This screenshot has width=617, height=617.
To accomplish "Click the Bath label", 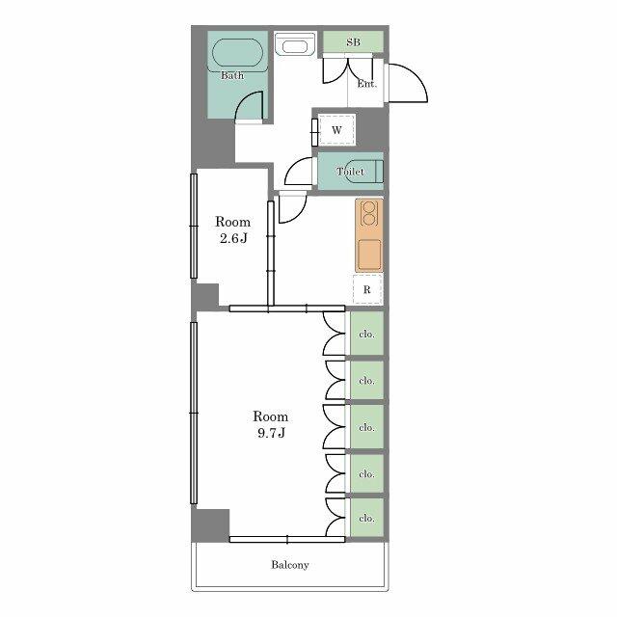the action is [x=232, y=75].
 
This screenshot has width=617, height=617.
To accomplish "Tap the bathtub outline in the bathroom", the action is [x=237, y=40].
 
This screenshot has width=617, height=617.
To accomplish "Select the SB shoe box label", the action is [x=353, y=41].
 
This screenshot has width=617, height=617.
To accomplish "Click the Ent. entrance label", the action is [x=366, y=84].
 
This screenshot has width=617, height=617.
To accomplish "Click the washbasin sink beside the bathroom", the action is [x=295, y=45].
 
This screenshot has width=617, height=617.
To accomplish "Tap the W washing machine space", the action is [x=336, y=130].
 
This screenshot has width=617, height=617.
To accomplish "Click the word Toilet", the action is [x=350, y=172].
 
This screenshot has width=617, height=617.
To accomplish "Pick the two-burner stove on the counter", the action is [x=368, y=214].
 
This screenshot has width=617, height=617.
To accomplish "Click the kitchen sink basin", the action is [x=369, y=254].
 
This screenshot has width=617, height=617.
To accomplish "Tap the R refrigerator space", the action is [x=367, y=289].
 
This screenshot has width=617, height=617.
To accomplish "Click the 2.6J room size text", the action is [x=233, y=238].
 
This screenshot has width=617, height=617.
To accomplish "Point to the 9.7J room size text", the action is [x=271, y=433].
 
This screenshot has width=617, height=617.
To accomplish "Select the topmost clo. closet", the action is [x=366, y=334].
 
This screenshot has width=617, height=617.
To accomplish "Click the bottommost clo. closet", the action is [x=366, y=518].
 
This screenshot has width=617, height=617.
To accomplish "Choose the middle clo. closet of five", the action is [x=366, y=427].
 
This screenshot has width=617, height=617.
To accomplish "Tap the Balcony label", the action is [x=290, y=565].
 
